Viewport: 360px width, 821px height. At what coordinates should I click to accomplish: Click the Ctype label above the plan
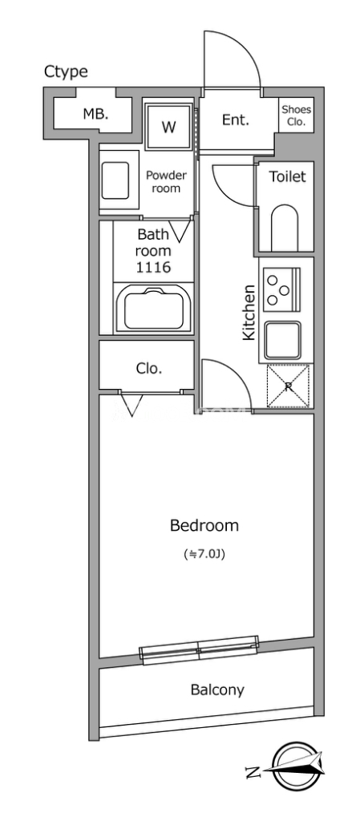click(66, 72)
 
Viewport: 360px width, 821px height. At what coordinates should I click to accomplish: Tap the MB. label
click(95, 114)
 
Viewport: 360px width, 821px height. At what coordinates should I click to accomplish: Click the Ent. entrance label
click(236, 120)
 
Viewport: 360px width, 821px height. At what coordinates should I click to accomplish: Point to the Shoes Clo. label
click(296, 118)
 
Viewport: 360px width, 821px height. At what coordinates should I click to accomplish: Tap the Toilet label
click(287, 176)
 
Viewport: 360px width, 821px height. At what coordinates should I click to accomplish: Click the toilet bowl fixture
click(285, 228)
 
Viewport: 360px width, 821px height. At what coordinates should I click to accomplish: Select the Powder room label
click(166, 182)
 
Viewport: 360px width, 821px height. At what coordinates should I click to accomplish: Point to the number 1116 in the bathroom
click(153, 268)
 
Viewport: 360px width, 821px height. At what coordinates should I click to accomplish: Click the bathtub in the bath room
click(153, 309)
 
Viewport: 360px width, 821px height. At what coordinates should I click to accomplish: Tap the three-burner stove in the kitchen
click(281, 287)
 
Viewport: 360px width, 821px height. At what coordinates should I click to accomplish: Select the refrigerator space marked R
click(289, 386)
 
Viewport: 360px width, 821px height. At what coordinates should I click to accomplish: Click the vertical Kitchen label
click(249, 312)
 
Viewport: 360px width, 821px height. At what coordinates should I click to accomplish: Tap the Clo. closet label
click(149, 368)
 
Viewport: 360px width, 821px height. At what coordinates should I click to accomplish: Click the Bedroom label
click(204, 524)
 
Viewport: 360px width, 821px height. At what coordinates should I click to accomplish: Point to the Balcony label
click(217, 690)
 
